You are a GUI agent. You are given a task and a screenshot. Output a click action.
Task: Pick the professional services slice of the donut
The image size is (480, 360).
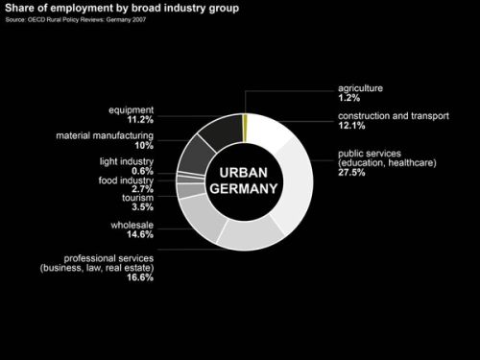click(252, 233)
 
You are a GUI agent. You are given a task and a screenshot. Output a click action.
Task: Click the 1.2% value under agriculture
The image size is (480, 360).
click(349, 98)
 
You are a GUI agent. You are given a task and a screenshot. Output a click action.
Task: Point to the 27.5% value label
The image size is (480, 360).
click(352, 173)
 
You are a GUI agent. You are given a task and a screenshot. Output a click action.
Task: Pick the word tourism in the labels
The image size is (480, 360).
click(136, 198)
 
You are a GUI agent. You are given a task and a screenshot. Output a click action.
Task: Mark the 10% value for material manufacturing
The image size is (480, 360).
click(144, 146)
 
